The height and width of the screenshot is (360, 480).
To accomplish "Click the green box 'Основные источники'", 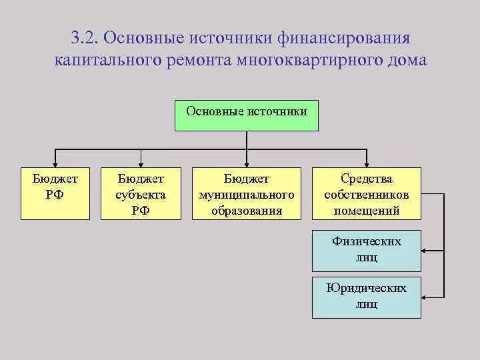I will pyautogui.click(x=247, y=115).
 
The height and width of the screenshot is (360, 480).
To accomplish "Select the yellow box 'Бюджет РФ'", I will pyautogui.click(x=55, y=193).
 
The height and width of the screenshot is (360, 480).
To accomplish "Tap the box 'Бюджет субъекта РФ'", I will pyautogui.click(x=141, y=193).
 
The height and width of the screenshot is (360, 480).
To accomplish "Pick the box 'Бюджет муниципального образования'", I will pyautogui.click(x=247, y=193).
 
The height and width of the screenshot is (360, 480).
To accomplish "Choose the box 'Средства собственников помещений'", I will pyautogui.click(x=367, y=193).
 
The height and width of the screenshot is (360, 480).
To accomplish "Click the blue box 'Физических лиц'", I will pyautogui.click(x=367, y=249).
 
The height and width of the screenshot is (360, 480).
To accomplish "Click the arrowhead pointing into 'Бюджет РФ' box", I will pyautogui.click(x=55, y=163).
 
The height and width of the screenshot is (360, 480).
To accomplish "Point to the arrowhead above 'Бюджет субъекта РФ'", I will pyautogui.click(x=141, y=163).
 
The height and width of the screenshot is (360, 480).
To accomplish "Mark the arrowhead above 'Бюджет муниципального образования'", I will pyautogui.click(x=247, y=163).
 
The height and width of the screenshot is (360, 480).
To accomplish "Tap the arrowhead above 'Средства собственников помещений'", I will pyautogui.click(x=367, y=163).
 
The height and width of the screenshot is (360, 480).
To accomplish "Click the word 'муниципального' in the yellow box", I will pyautogui.click(x=247, y=195).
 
